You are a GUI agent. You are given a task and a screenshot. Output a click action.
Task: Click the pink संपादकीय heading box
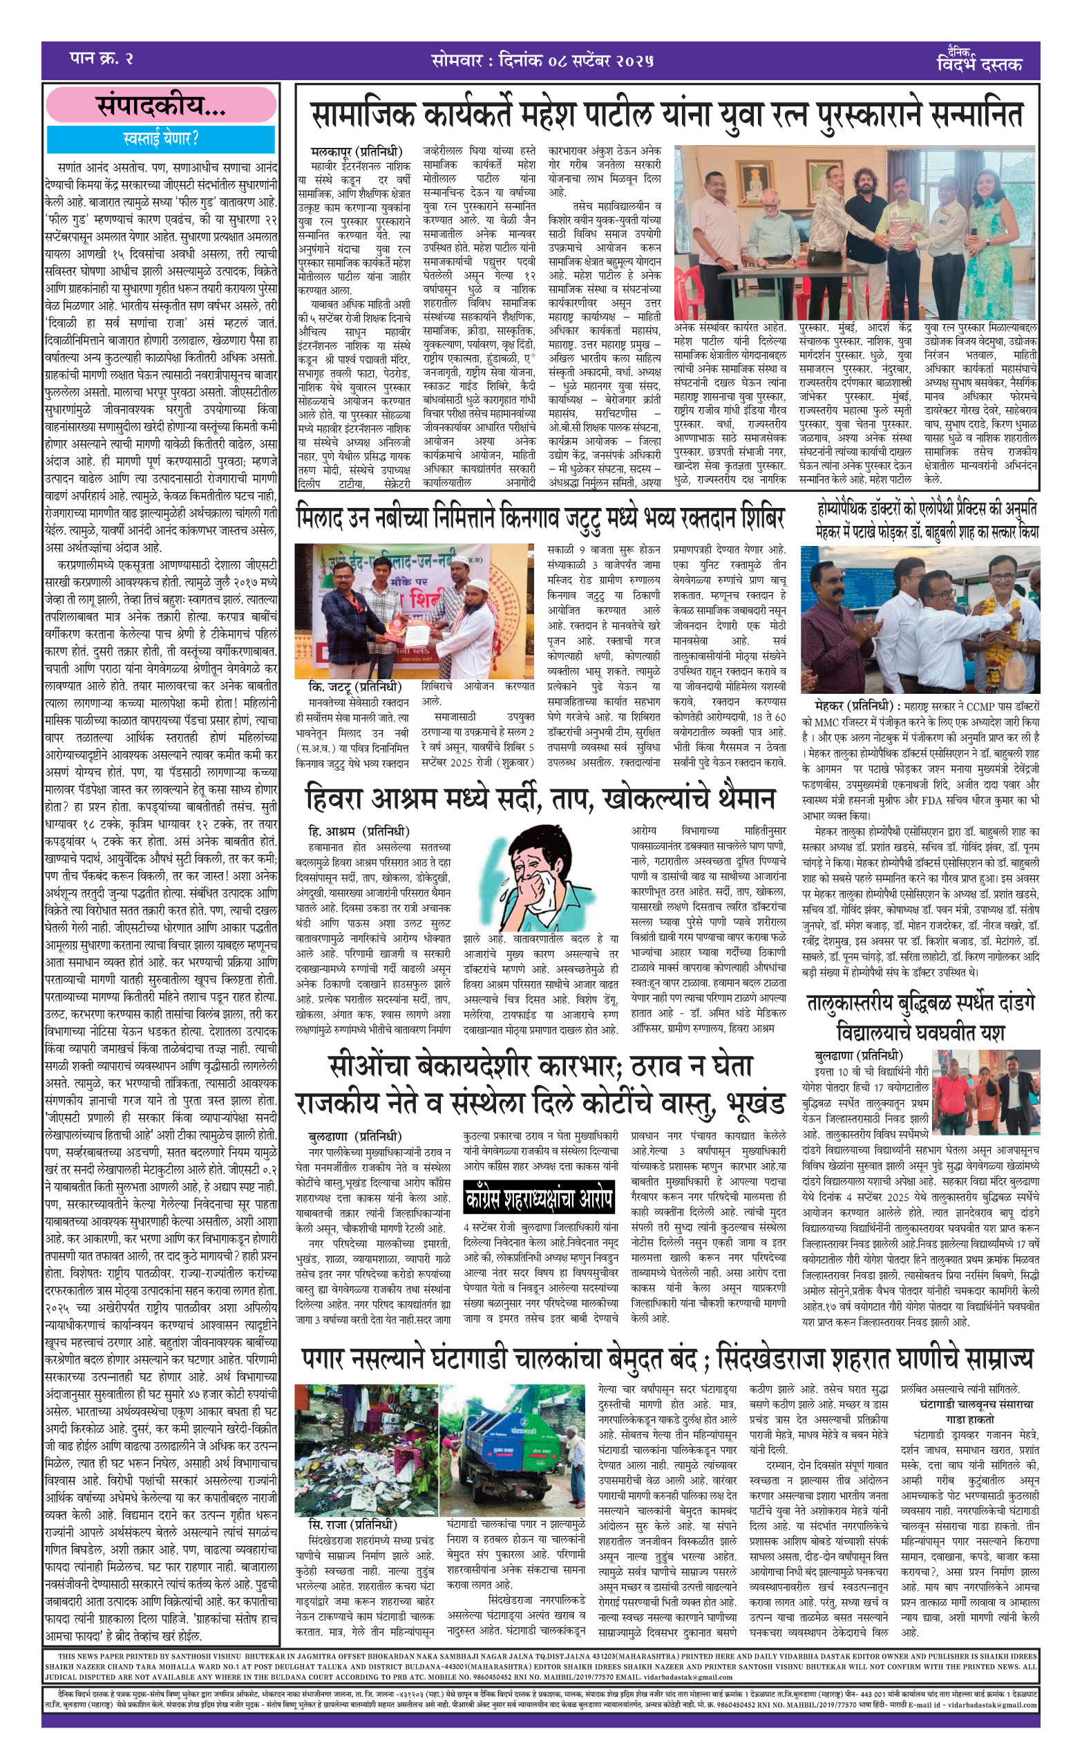pyautogui.click(x=161, y=105)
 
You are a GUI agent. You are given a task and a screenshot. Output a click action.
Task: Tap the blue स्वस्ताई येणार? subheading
pyautogui.click(x=161, y=138)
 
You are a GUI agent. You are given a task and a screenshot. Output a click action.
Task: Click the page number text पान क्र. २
pyautogui.click(x=101, y=59)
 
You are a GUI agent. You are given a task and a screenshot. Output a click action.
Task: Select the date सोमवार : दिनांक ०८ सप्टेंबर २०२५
pyautogui.click(x=542, y=61)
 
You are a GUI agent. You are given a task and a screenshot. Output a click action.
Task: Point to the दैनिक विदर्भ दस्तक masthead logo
pyautogui.click(x=978, y=60)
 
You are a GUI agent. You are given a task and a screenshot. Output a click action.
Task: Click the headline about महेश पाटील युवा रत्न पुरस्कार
pyautogui.click(x=666, y=115)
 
